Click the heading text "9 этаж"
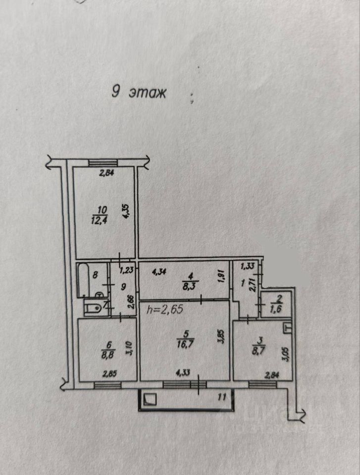pos(139,93)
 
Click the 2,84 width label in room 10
pos(106,173)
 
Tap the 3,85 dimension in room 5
pos(221,341)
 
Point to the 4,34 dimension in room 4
pos(158,271)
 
